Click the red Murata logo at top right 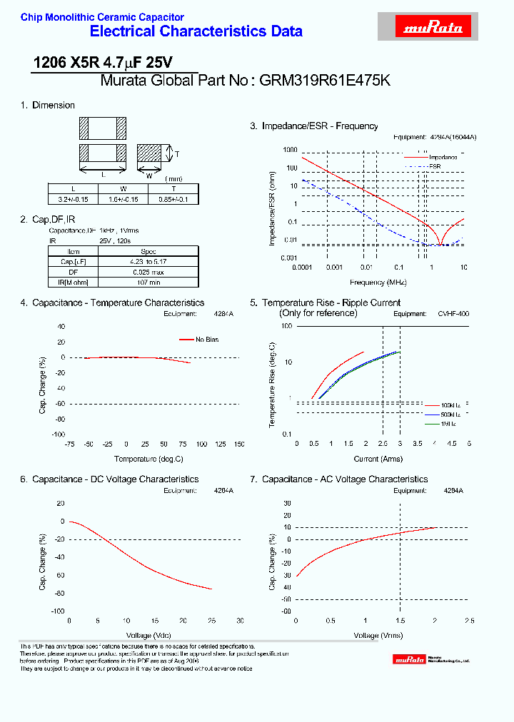point(434,27)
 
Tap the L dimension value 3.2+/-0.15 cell point(73,200)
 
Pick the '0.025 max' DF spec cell point(148,272)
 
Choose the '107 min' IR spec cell point(148,283)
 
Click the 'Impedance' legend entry point(443,157)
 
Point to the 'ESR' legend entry point(435,166)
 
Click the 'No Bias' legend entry point(206,340)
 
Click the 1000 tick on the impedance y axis point(289,150)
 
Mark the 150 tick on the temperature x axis point(238,444)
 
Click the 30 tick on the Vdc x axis point(240,620)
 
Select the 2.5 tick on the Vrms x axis point(468,620)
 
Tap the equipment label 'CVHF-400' point(453,313)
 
